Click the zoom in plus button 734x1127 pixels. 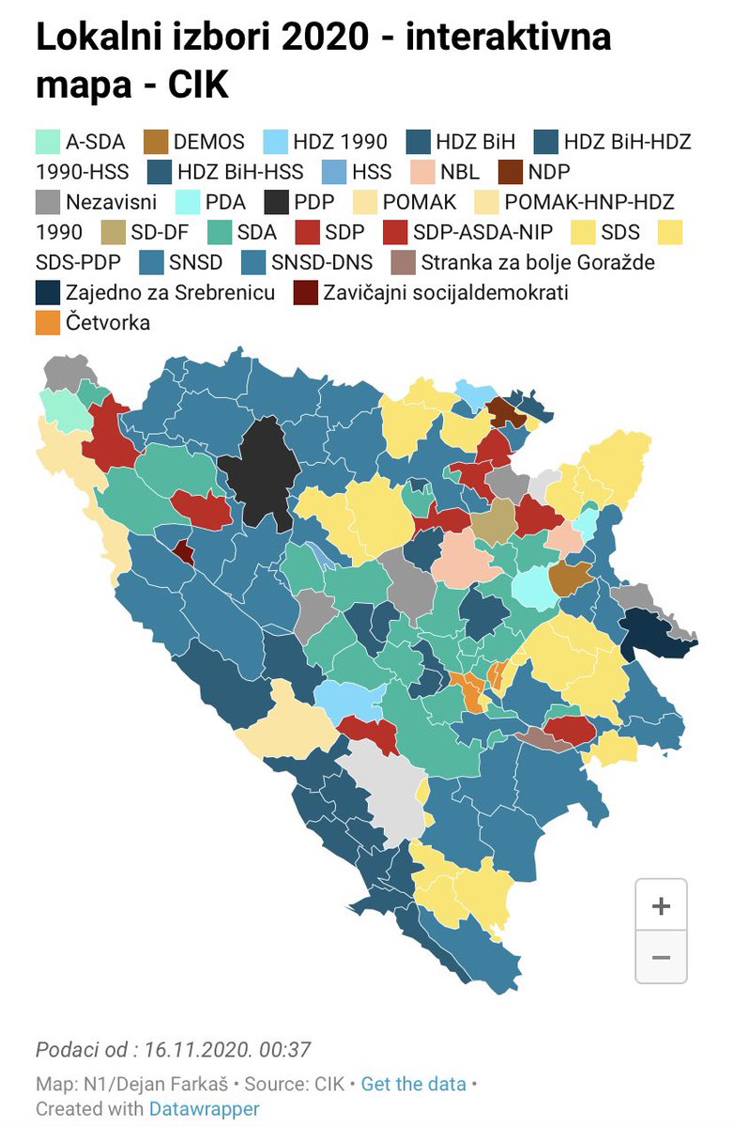[x=661, y=906]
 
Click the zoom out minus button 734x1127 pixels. [x=661, y=957]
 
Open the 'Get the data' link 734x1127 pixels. [x=413, y=1084]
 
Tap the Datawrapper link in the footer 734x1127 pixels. [x=204, y=1108]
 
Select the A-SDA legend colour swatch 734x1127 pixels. [x=47, y=142]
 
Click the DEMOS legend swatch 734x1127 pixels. [x=156, y=142]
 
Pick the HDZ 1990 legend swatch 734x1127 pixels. [x=276, y=142]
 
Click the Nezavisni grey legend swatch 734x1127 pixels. [x=47, y=202]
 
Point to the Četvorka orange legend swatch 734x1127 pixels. [x=47, y=322]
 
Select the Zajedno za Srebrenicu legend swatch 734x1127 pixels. [x=47, y=292]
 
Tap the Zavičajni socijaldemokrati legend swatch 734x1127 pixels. [x=305, y=292]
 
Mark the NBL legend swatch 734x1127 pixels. [x=422, y=172]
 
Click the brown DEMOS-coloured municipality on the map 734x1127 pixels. [x=570, y=579]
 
